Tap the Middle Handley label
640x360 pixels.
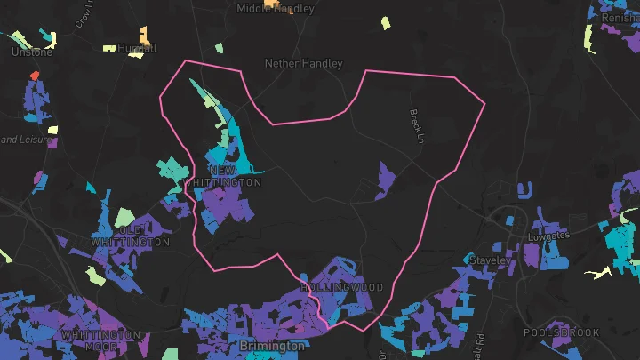click(x=276, y=9)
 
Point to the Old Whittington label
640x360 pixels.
click(x=131, y=236)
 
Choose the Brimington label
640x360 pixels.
click(x=272, y=344)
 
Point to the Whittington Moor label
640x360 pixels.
click(x=100, y=334)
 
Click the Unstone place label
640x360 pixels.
click(x=32, y=52)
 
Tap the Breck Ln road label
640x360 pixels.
click(x=413, y=122)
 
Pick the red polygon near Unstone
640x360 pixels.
click(x=35, y=76)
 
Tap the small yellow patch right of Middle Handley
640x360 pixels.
click(x=386, y=23)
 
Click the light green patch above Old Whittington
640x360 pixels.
click(x=122, y=216)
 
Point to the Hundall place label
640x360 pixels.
click(x=136, y=48)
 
